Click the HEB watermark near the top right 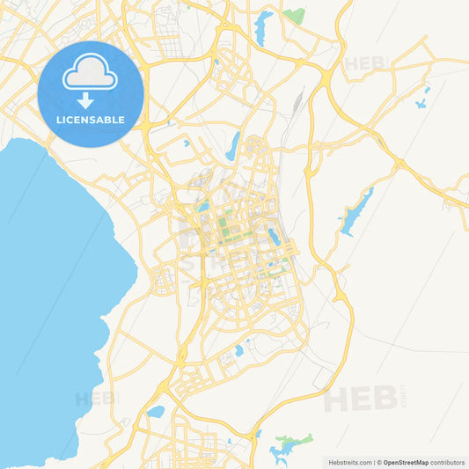pos(365,63)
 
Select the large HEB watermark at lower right pos(360,399)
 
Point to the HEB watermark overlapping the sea pos(94,399)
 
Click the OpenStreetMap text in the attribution pos(406,462)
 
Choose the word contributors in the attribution pos(448,462)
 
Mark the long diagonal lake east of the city pos(355,212)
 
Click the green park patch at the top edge pos(294,15)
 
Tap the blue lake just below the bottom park pos(282,453)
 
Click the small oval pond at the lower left pos(156,411)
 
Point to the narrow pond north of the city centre pos(232,146)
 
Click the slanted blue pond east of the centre pos(275,236)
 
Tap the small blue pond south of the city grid pos(238,351)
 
